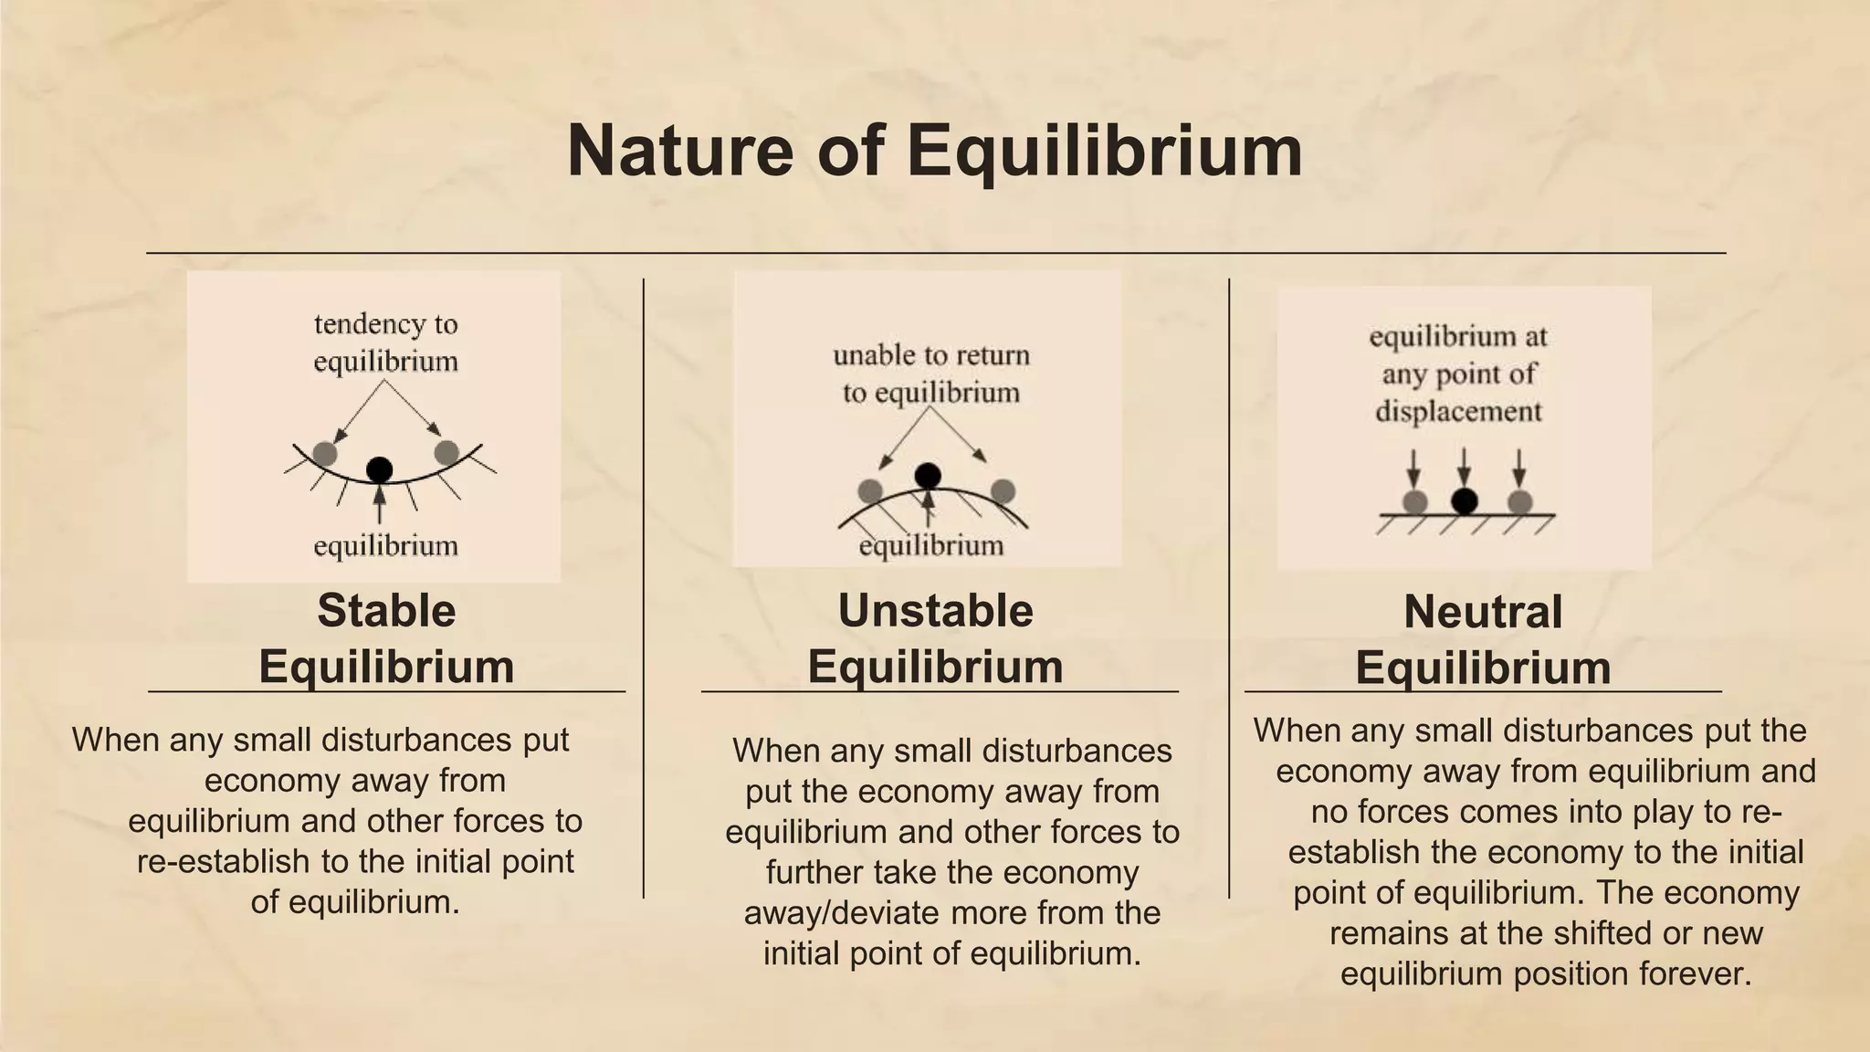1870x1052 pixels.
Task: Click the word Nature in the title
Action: click(680, 151)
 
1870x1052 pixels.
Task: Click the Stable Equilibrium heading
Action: click(386, 638)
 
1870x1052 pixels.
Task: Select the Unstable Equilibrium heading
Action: click(935, 638)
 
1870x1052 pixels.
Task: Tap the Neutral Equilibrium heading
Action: click(1482, 639)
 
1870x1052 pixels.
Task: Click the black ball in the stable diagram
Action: click(379, 469)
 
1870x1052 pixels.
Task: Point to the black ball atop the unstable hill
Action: click(928, 475)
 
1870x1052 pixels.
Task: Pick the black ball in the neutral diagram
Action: click(1465, 500)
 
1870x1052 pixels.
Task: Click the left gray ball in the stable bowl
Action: click(324, 453)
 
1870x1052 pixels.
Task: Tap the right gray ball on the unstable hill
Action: click(1003, 491)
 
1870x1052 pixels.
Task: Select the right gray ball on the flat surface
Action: click(1519, 501)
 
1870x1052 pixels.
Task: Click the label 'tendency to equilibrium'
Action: click(385, 342)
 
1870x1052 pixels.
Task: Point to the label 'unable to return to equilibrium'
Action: click(930, 373)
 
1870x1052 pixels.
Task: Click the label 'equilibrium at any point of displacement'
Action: click(1458, 373)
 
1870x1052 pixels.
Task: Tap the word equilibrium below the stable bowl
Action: click(385, 546)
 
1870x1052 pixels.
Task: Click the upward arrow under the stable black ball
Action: click(380, 505)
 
